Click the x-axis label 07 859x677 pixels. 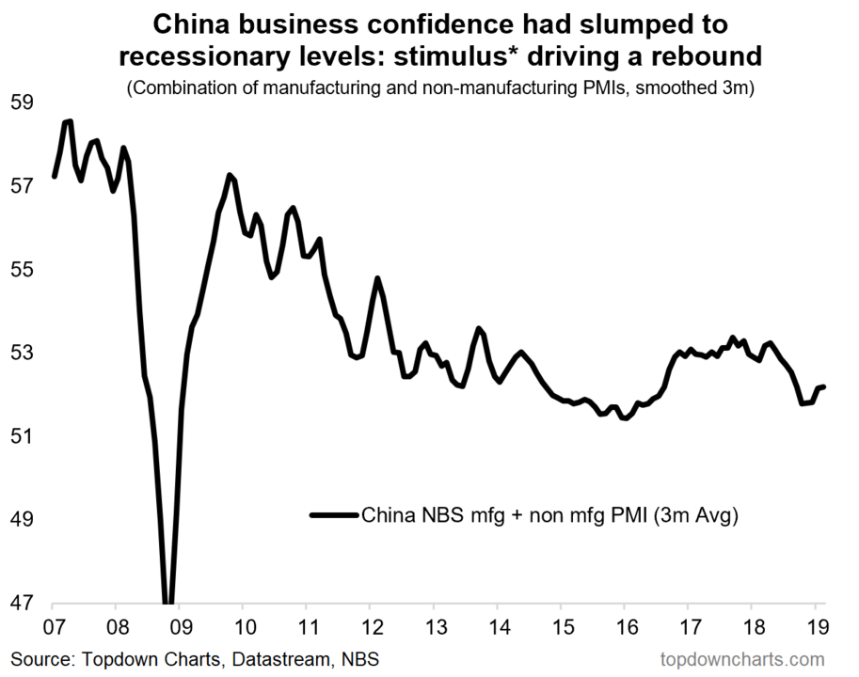point(53,625)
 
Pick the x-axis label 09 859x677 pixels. point(180,625)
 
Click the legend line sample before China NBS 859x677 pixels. point(333,514)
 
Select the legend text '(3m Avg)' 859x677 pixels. point(695,514)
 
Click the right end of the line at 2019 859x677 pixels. point(823,386)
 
